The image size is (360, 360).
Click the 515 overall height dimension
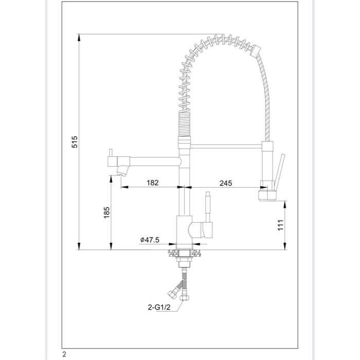coord(74,142)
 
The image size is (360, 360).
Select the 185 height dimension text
coord(106,212)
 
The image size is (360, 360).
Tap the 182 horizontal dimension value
coord(152,183)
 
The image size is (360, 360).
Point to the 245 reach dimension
coord(225,183)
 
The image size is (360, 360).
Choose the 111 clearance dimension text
coord(280,225)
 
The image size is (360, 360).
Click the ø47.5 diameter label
coord(150,240)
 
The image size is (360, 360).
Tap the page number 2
coord(64,354)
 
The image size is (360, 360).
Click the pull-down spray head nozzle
coord(267,195)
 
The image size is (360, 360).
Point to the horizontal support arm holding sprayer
coord(226,146)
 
